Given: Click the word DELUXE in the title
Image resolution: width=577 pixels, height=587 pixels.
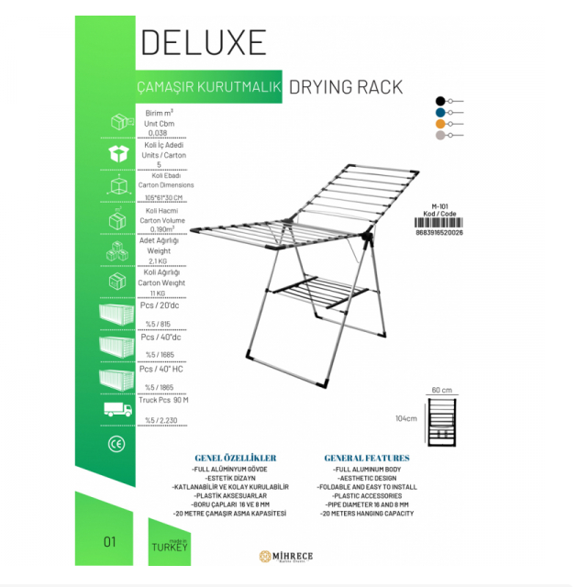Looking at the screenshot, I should pyautogui.click(x=204, y=41).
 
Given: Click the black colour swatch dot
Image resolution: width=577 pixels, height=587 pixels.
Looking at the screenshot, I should pyautogui.click(x=441, y=101).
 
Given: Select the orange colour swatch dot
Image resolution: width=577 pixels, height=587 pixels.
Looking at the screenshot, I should pyautogui.click(x=441, y=123).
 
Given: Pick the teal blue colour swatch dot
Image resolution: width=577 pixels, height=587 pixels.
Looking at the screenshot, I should pyautogui.click(x=441, y=112).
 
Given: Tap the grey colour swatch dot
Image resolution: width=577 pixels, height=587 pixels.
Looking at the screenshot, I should pyautogui.click(x=441, y=135).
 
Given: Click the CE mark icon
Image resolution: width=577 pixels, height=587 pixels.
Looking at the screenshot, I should pyautogui.click(x=116, y=446).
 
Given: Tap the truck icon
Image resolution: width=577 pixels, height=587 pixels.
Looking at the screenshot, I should pyautogui.click(x=116, y=409).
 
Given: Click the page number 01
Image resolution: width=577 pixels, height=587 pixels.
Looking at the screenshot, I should pyautogui.click(x=110, y=541).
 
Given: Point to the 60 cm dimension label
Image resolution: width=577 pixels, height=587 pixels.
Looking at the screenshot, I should pyautogui.click(x=440, y=390).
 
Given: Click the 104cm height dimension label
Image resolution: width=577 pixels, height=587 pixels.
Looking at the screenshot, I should pyautogui.click(x=406, y=418).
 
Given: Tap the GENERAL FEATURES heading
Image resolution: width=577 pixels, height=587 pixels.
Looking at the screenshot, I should pyautogui.click(x=367, y=458).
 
